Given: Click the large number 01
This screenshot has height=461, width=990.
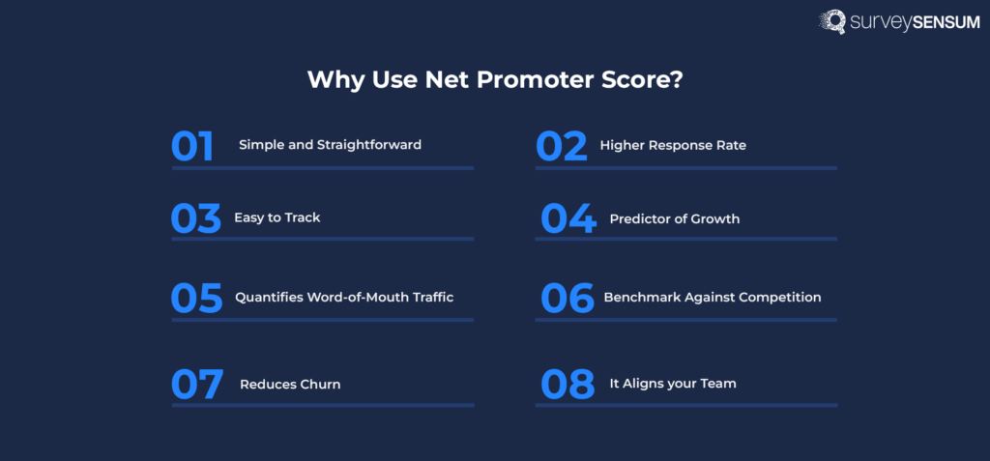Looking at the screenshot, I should point(192,146).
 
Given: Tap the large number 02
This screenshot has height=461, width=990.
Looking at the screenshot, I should point(562,146).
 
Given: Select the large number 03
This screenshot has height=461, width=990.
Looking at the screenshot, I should point(196,219).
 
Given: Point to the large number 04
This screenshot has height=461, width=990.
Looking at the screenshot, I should point(568,219).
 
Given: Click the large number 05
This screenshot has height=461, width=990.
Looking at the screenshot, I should point(196,298).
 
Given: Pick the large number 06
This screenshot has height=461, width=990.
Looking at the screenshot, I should point(567,298).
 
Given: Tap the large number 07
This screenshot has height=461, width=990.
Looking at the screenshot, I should point(197,384).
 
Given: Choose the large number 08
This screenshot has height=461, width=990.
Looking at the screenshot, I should point(567,384).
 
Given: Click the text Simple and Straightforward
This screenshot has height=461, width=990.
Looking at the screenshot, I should point(330,145).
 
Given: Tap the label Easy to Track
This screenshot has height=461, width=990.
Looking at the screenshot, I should point(277,218).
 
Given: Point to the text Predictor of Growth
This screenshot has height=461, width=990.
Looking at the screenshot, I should point(674,219).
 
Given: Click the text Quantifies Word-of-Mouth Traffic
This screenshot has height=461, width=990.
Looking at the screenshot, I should point(344,298).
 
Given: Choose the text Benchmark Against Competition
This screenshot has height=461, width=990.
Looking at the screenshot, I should point(712,298).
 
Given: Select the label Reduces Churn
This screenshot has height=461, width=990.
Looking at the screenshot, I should point(290,385).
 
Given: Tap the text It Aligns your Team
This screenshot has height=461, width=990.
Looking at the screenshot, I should point(672,384).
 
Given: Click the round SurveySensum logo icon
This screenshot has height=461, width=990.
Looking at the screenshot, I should point(832,22).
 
